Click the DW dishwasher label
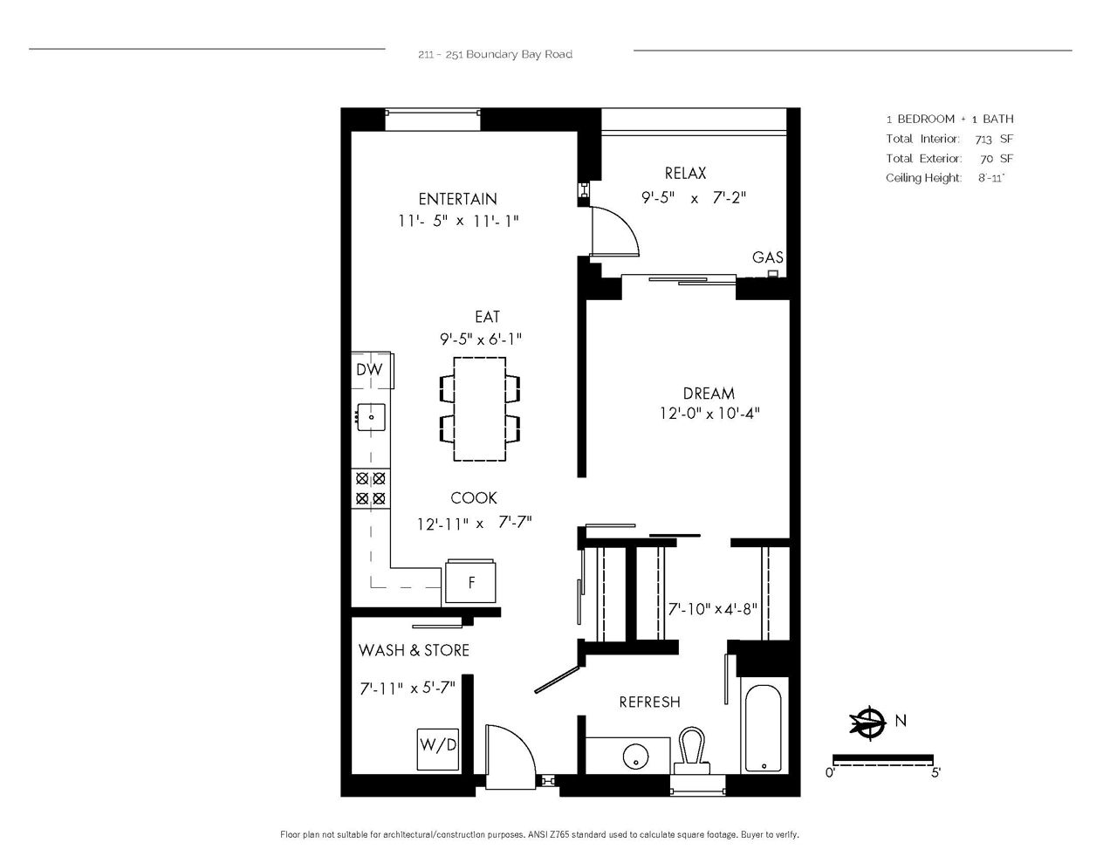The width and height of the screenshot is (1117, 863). (369, 370)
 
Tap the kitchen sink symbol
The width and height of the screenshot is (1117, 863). (371, 417)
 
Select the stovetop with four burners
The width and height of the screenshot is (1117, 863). (371, 489)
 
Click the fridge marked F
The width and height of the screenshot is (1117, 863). (470, 582)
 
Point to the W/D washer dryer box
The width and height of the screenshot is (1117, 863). (438, 750)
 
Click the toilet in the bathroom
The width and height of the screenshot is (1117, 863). (692, 751)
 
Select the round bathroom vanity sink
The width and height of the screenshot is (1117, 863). (636, 756)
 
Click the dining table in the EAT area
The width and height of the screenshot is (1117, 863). (480, 409)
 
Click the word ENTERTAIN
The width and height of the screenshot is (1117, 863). (457, 199)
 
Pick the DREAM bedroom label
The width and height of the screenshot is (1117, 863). (709, 394)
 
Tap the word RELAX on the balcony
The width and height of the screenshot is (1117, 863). (685, 174)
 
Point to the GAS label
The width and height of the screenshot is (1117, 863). (767, 257)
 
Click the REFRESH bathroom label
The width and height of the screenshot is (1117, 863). (649, 702)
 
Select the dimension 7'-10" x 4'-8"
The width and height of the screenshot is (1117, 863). (712, 609)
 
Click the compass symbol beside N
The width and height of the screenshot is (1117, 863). (867, 723)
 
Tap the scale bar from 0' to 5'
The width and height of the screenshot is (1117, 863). (882, 759)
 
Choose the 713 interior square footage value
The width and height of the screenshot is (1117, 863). (983, 140)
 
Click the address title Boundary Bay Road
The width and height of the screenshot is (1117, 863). (519, 54)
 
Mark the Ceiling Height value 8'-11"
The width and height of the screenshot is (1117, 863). (991, 178)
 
